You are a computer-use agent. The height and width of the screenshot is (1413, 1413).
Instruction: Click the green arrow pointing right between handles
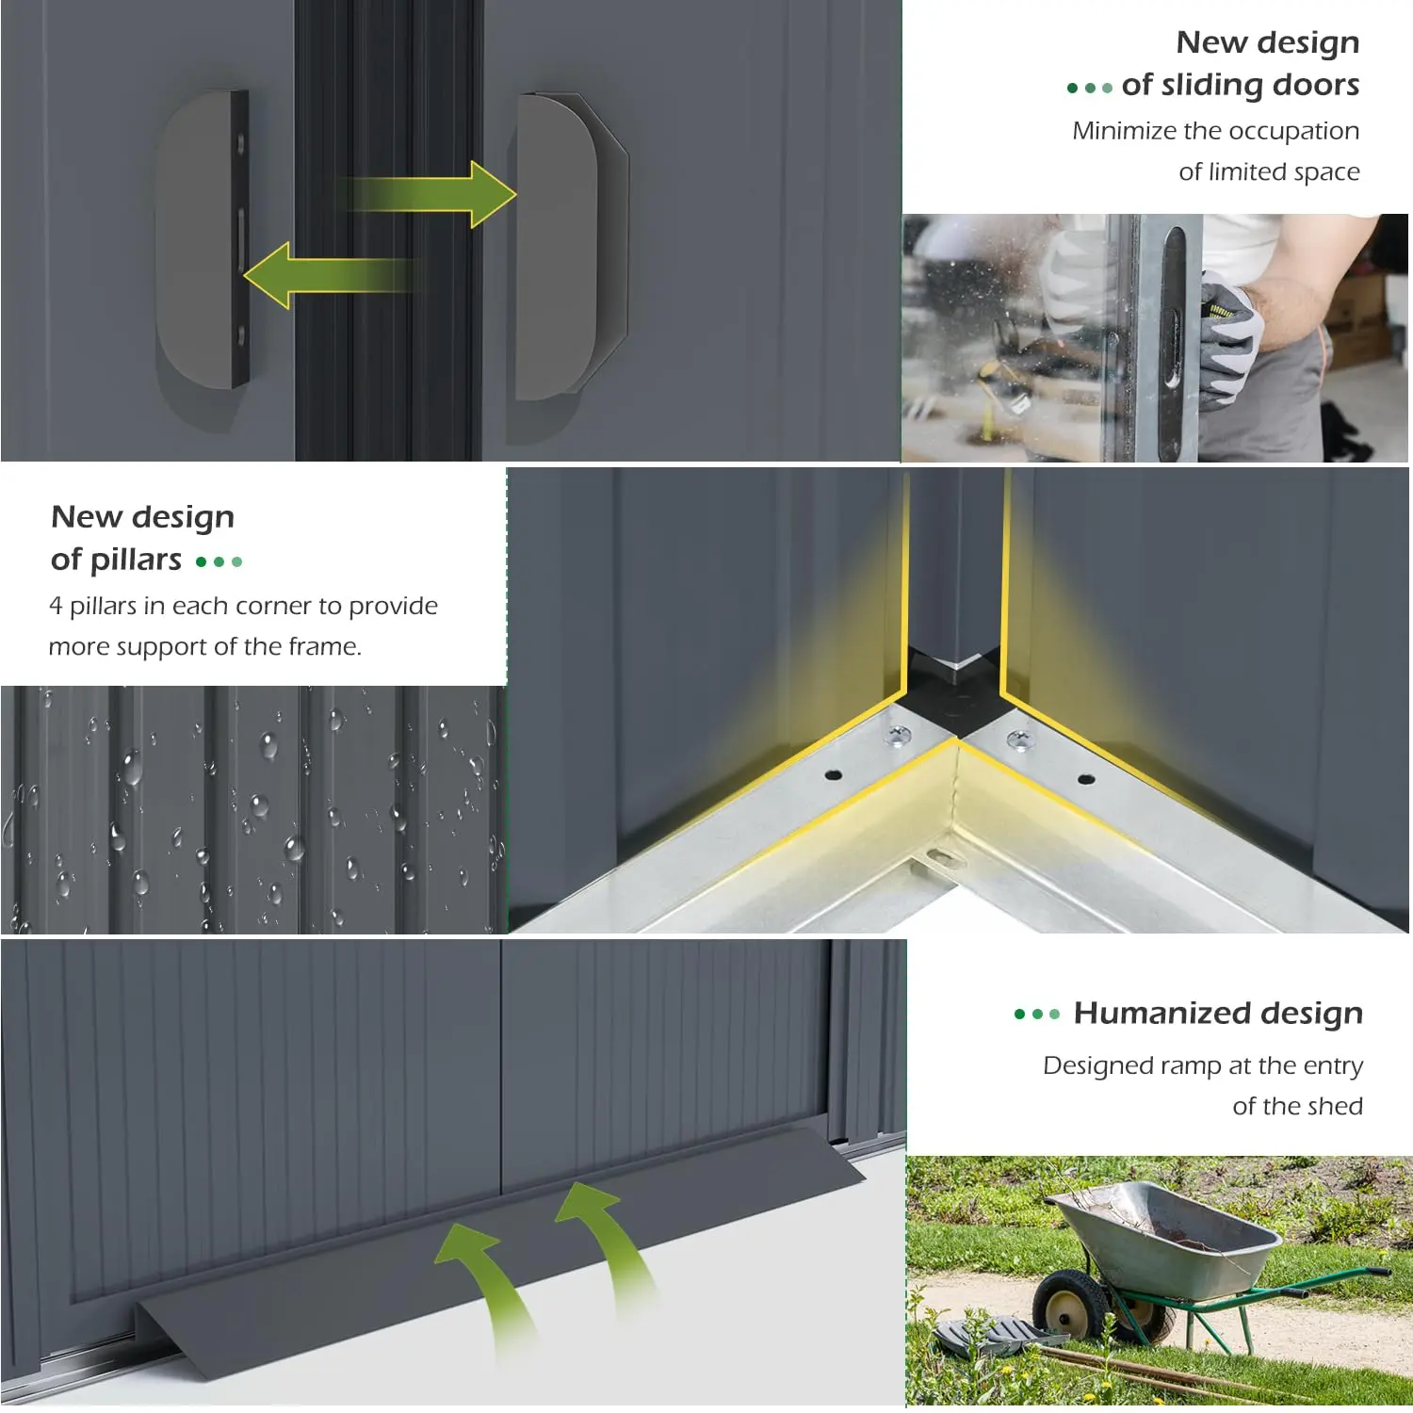pos(429,194)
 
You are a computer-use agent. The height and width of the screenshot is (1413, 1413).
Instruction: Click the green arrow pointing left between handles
pos(330,275)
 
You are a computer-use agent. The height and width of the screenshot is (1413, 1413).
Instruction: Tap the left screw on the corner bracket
pos(899,734)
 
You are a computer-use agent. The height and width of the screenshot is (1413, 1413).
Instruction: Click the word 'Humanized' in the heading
pos(1162,1013)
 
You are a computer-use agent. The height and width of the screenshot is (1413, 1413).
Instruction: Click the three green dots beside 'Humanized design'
pos(1036,1015)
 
